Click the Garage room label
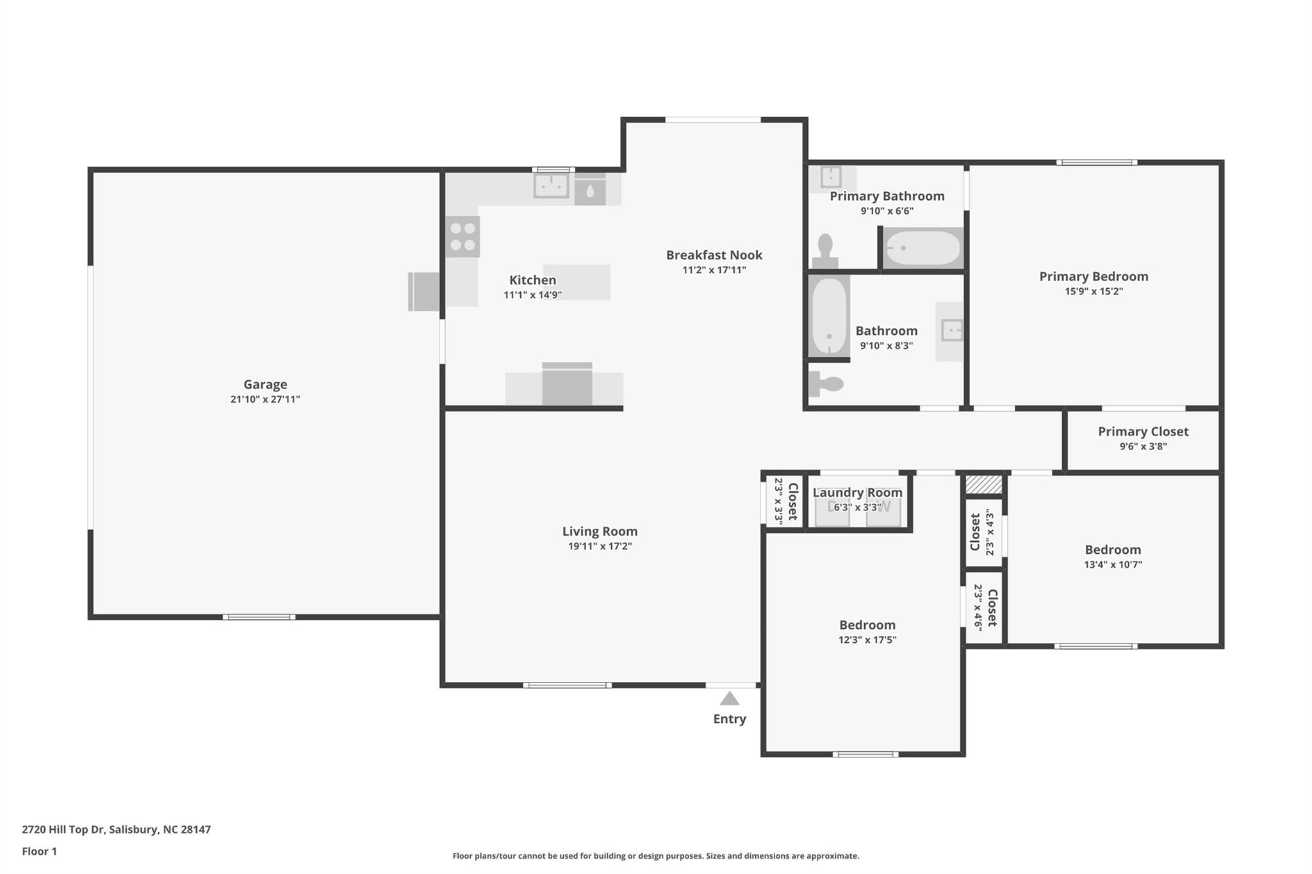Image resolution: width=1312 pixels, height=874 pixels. [265, 384]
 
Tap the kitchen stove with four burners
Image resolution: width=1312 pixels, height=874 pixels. [463, 237]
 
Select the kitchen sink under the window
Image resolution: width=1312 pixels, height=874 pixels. [551, 186]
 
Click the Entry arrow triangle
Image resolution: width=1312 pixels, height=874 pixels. [729, 699]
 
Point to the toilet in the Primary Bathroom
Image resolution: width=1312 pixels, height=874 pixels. [825, 251]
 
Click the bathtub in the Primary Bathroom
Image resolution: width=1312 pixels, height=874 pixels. [922, 248]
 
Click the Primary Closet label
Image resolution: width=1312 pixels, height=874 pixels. [1143, 432]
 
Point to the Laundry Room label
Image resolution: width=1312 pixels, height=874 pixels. [857, 492]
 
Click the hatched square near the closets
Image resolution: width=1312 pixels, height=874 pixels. [983, 484]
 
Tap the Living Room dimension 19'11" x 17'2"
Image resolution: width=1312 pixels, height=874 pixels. [600, 546]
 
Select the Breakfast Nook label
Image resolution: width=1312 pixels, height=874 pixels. [714, 255]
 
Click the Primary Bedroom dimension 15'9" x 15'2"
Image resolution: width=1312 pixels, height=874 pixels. [1093, 291]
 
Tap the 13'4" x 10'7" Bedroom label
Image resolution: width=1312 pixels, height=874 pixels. [1112, 550]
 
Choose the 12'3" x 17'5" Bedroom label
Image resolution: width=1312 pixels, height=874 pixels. [867, 625]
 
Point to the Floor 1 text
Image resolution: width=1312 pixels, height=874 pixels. [39, 851]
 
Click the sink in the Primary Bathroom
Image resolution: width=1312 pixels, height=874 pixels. [831, 177]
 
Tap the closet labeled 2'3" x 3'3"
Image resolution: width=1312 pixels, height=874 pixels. [785, 501]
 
